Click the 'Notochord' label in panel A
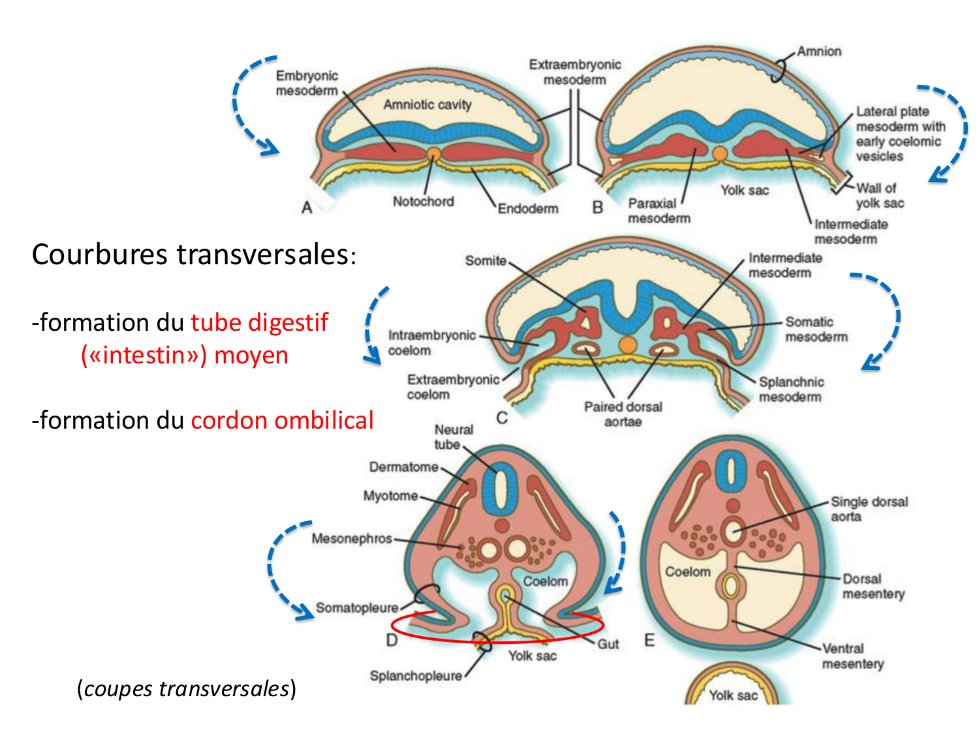click(423, 202)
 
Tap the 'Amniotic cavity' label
click(427, 104)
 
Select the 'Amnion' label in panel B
click(819, 52)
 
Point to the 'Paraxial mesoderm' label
click(659, 211)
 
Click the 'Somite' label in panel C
click(486, 261)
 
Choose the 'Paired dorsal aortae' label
click(623, 414)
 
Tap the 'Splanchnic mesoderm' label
click(790, 390)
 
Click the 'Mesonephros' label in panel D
click(352, 539)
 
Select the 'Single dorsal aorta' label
click(869, 509)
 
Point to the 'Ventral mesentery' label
click(852, 656)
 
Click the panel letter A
click(307, 208)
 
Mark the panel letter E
click(649, 640)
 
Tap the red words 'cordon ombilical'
click(282, 420)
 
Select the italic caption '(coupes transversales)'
click(186, 689)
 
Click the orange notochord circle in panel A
click(434, 154)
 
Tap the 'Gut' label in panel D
click(608, 645)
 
